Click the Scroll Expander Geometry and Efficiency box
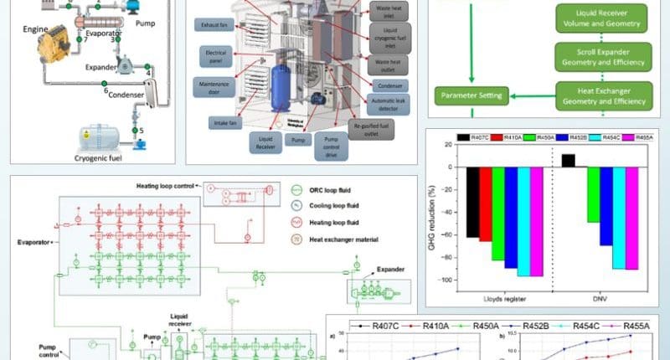tap(600, 58)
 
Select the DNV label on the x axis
tap(599, 298)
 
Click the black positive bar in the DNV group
tap(568, 161)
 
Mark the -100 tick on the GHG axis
tap(452, 280)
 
